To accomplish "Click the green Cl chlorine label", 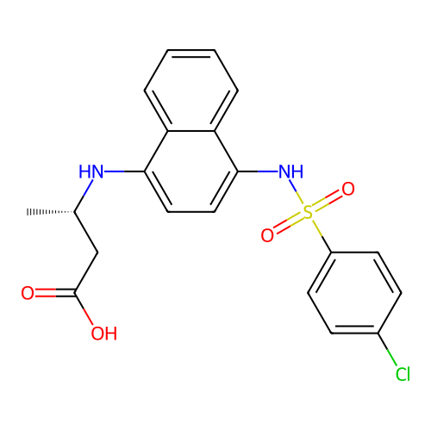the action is pos(403,374).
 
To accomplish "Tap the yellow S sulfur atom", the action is pos(308,212).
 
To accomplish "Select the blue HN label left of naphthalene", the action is pos(91,172).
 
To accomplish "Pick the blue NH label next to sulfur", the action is pos(291,172).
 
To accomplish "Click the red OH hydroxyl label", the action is pos(104,334).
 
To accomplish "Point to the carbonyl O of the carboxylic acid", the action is pos(28,293).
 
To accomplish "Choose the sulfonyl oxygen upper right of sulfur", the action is pos(348,189).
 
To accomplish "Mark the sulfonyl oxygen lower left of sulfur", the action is pos(267,235).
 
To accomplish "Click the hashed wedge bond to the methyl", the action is pos(51,212).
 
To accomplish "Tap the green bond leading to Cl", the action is pos(387,349).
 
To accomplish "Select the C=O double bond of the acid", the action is pos(55,293).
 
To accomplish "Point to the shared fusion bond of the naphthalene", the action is pos(191,131).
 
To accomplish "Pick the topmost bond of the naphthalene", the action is pos(191,50).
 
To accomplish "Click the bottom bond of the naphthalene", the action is pos(191,212).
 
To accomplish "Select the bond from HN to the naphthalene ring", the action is pos(124,172).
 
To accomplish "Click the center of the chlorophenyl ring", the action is pos(354,293).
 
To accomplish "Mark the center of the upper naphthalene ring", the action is pos(191,91).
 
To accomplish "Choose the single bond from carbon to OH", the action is pos(84,309).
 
